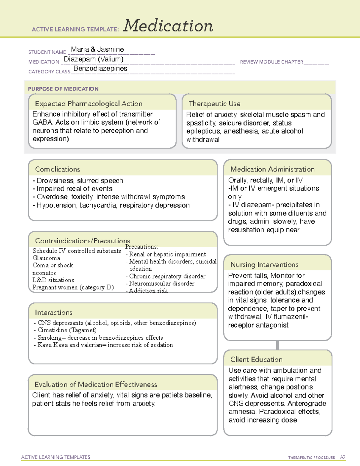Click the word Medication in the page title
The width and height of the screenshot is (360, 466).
click(x=168, y=26)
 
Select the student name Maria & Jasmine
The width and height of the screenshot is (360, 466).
click(x=97, y=50)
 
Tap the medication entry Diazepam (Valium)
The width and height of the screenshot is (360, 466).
click(x=94, y=59)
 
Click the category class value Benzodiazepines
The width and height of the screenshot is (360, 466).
click(x=100, y=68)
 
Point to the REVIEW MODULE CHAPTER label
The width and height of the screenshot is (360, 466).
click(x=271, y=62)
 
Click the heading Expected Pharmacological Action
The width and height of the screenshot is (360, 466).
click(x=88, y=104)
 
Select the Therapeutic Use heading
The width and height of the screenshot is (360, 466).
click(x=214, y=104)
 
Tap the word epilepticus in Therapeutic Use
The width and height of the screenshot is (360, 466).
click(x=203, y=131)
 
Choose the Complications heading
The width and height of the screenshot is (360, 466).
click(x=57, y=169)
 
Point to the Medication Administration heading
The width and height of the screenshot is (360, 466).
click(x=272, y=169)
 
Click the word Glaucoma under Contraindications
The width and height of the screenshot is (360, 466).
click(x=46, y=258)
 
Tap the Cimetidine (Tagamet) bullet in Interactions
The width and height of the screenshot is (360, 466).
click(x=67, y=330)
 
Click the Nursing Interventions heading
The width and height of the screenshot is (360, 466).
click(x=264, y=265)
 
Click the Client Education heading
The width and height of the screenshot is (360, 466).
click(x=256, y=359)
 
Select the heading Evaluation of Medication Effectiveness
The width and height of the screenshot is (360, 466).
click(x=96, y=384)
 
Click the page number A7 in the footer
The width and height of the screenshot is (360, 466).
click(x=343, y=457)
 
